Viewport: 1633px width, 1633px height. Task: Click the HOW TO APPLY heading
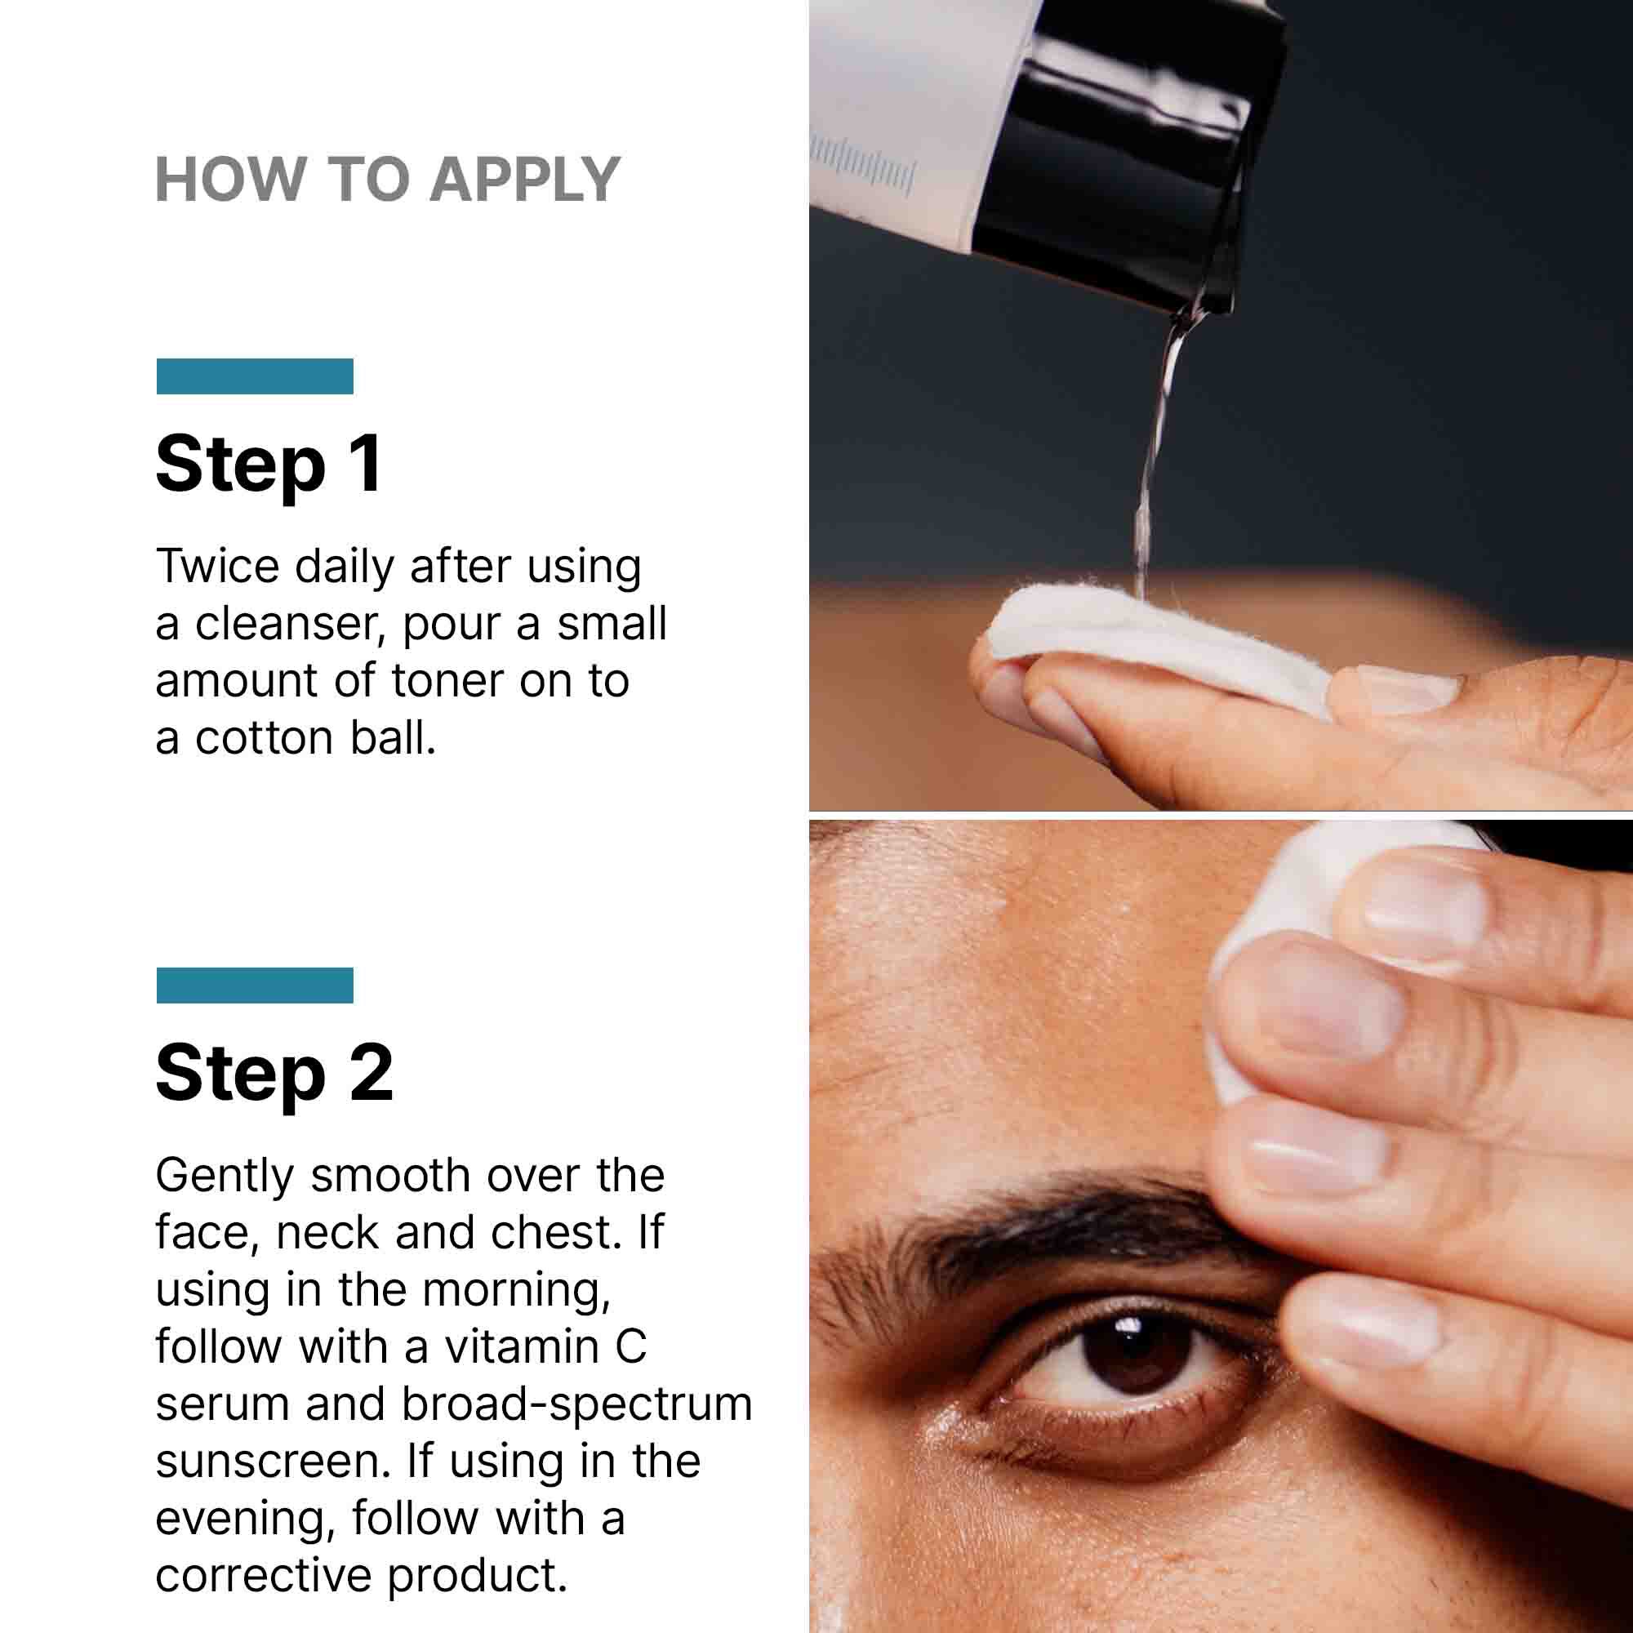click(388, 180)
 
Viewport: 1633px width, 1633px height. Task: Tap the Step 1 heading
click(269, 464)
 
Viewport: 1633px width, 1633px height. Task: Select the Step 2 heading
click(274, 1073)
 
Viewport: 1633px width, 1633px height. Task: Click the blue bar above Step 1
click(255, 376)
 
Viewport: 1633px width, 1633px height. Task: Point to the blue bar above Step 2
click(255, 985)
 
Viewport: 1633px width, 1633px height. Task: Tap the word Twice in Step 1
click(217, 567)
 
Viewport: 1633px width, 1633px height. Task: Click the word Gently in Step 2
click(223, 1176)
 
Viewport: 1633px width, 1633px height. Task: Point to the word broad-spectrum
click(576, 1404)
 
